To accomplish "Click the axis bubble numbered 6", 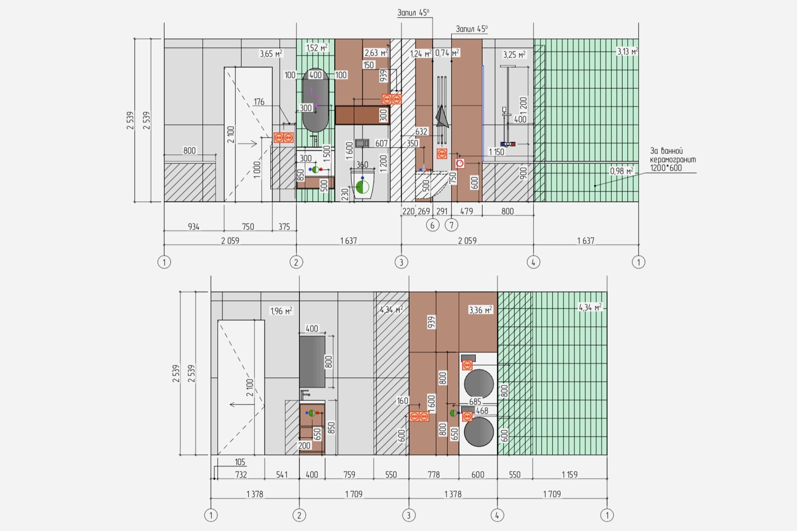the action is (x=432, y=225).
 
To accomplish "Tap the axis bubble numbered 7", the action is (x=452, y=225).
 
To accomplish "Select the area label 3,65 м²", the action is (x=271, y=53).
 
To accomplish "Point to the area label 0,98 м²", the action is (x=622, y=171).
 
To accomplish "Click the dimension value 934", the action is (x=194, y=227).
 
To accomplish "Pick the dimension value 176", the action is (x=259, y=102).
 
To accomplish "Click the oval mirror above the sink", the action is (x=316, y=100).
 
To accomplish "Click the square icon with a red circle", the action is (x=460, y=163).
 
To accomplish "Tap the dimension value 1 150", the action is (x=497, y=152).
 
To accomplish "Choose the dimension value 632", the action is (x=421, y=131).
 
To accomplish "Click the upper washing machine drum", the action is (x=479, y=384).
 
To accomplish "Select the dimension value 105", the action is (x=240, y=462).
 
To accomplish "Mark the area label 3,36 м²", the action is (x=481, y=310).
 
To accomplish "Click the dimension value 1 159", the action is (x=569, y=474).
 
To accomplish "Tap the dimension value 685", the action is (x=475, y=402).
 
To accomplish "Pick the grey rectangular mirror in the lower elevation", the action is (x=312, y=362).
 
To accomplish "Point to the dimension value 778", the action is (x=434, y=474).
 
